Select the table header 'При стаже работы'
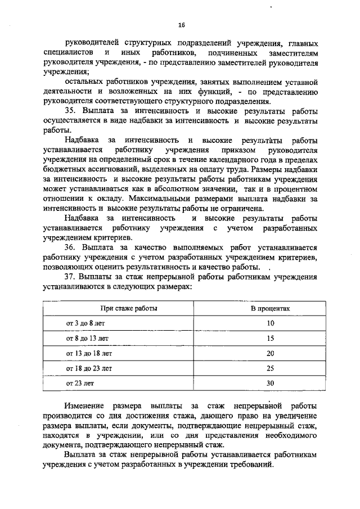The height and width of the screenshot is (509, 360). pos(129,309)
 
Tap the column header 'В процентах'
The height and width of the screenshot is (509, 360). pos(270,309)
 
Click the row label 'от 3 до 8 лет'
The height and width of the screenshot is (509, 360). pos(85,323)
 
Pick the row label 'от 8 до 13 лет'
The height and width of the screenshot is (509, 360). pos(87,339)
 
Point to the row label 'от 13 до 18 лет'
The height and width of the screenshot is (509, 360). pos(89,353)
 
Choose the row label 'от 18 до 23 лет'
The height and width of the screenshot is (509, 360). pos(89,368)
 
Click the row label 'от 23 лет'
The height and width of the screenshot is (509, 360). pos(81,383)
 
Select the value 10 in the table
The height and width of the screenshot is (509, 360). pos(270,323)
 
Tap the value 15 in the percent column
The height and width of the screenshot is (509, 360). pos(270,339)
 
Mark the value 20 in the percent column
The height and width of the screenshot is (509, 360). pos(270,353)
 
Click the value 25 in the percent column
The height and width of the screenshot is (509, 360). pos(270,368)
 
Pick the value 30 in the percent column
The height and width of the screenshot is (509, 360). pos(270,383)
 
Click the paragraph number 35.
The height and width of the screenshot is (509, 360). pos(70,111)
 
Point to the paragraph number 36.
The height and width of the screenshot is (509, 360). pos(70,247)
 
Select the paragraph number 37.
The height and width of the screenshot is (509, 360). pos(70,277)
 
